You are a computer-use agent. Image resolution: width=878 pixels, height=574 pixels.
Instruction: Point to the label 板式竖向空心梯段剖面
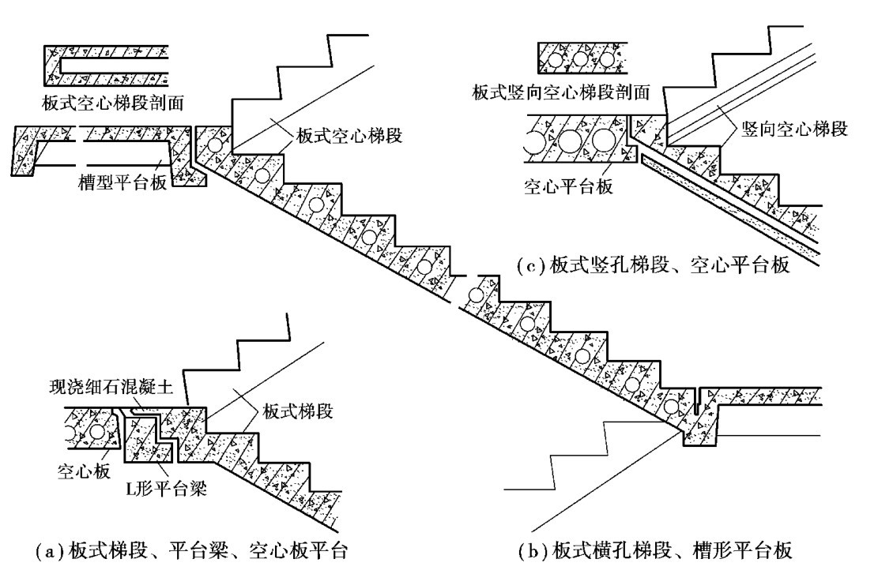(562, 93)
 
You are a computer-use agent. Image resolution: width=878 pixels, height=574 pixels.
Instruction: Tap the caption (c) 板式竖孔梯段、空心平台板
(652, 266)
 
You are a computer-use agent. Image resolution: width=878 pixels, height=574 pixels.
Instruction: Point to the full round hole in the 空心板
(98, 433)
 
